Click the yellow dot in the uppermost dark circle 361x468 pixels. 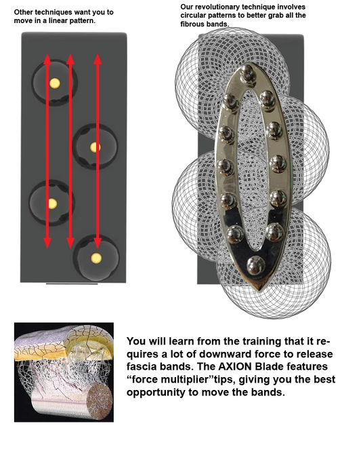click(55, 83)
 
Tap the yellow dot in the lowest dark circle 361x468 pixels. click(96, 258)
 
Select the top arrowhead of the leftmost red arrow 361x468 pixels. click(47, 59)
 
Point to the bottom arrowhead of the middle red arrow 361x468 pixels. click(70, 243)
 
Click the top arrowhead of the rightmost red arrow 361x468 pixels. click(98, 59)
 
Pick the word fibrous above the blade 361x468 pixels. click(192, 24)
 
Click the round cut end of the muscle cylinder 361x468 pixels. click(101, 398)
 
